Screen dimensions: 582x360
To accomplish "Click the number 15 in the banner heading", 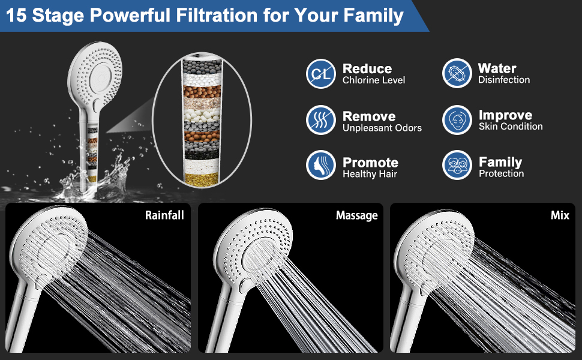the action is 16,16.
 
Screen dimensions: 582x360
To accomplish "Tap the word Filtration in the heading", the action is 217,16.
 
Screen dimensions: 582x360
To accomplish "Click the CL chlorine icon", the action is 320,74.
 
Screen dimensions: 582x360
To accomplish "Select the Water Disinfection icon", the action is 457,73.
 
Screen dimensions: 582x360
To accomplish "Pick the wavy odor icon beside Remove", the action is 320,120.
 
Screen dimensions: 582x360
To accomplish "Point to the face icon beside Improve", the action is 457,120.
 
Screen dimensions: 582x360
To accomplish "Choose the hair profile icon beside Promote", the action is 320,165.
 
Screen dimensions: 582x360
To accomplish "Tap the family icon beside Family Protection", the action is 457,165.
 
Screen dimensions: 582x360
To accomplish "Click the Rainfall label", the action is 164,215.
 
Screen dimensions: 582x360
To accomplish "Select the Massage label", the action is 356,215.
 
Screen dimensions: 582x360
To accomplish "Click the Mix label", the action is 560,215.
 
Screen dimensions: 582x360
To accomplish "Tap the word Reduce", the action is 367,68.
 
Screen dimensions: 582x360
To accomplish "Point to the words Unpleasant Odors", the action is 382,128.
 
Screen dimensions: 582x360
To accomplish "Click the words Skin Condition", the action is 511,127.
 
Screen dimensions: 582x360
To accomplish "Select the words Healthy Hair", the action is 370,174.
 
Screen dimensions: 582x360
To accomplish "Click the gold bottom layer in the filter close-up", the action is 202,179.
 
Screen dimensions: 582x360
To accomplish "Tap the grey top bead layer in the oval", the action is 202,67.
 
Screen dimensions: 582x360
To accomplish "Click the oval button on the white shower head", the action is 97,106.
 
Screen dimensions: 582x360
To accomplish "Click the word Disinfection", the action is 503,80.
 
